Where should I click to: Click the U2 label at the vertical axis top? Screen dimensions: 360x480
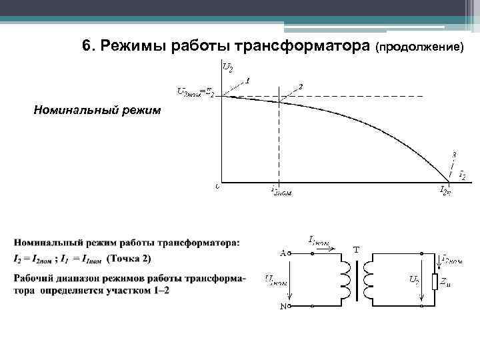[228, 67]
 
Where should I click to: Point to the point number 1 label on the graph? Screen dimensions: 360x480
[247, 81]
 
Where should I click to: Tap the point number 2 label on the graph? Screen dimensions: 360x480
[301, 87]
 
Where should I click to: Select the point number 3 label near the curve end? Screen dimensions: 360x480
[454, 154]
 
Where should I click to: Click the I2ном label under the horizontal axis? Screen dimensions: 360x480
[281, 191]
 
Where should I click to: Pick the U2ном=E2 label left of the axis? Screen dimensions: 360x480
[195, 93]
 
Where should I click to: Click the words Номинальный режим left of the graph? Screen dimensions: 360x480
[97, 110]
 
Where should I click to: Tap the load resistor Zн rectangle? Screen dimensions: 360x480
[435, 281]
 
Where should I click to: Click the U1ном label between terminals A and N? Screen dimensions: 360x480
[277, 280]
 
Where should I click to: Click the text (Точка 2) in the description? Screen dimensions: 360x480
[129, 259]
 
